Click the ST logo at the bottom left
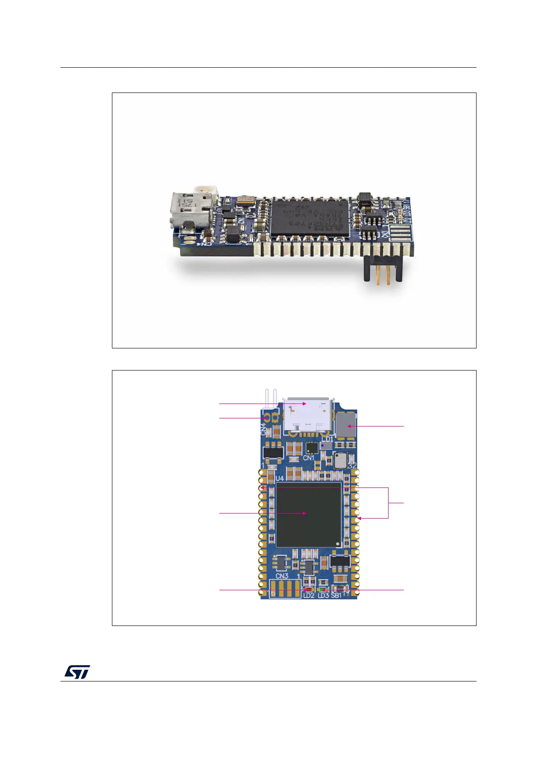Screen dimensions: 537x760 coord(77,672)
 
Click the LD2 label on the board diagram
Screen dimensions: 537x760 coord(309,596)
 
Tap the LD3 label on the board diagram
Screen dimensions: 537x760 coord(323,596)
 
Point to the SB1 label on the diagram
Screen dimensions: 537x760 coord(336,596)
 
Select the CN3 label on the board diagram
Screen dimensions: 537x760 coord(282,576)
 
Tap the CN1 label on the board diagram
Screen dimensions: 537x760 coord(309,458)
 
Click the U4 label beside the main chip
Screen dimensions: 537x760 coord(280,478)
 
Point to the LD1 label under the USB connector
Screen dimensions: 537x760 coord(327,439)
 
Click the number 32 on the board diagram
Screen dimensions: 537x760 coord(352,466)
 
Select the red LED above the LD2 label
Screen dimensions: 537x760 coord(309,589)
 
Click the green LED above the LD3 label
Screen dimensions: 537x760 coord(322,589)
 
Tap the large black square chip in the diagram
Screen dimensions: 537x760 coord(309,514)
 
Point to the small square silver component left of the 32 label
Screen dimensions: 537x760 coord(340,460)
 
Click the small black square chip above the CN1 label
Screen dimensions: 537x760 coord(311,447)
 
